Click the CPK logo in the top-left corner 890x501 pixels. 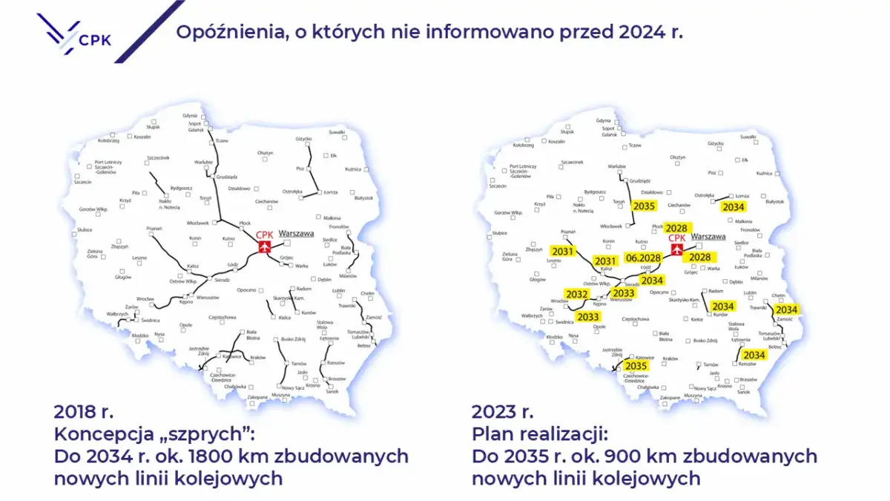(74, 33)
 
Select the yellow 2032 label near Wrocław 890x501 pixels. (576, 295)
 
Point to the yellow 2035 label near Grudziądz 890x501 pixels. (644, 206)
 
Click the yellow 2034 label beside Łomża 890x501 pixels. (734, 207)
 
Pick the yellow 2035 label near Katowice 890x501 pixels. (636, 366)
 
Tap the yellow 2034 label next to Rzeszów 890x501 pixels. (754, 356)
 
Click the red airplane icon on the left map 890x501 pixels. (264, 247)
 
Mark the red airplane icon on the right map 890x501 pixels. (676, 250)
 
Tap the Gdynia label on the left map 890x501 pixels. (190, 116)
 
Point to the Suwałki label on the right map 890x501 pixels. (748, 137)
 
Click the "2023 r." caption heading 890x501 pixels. (502, 411)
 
